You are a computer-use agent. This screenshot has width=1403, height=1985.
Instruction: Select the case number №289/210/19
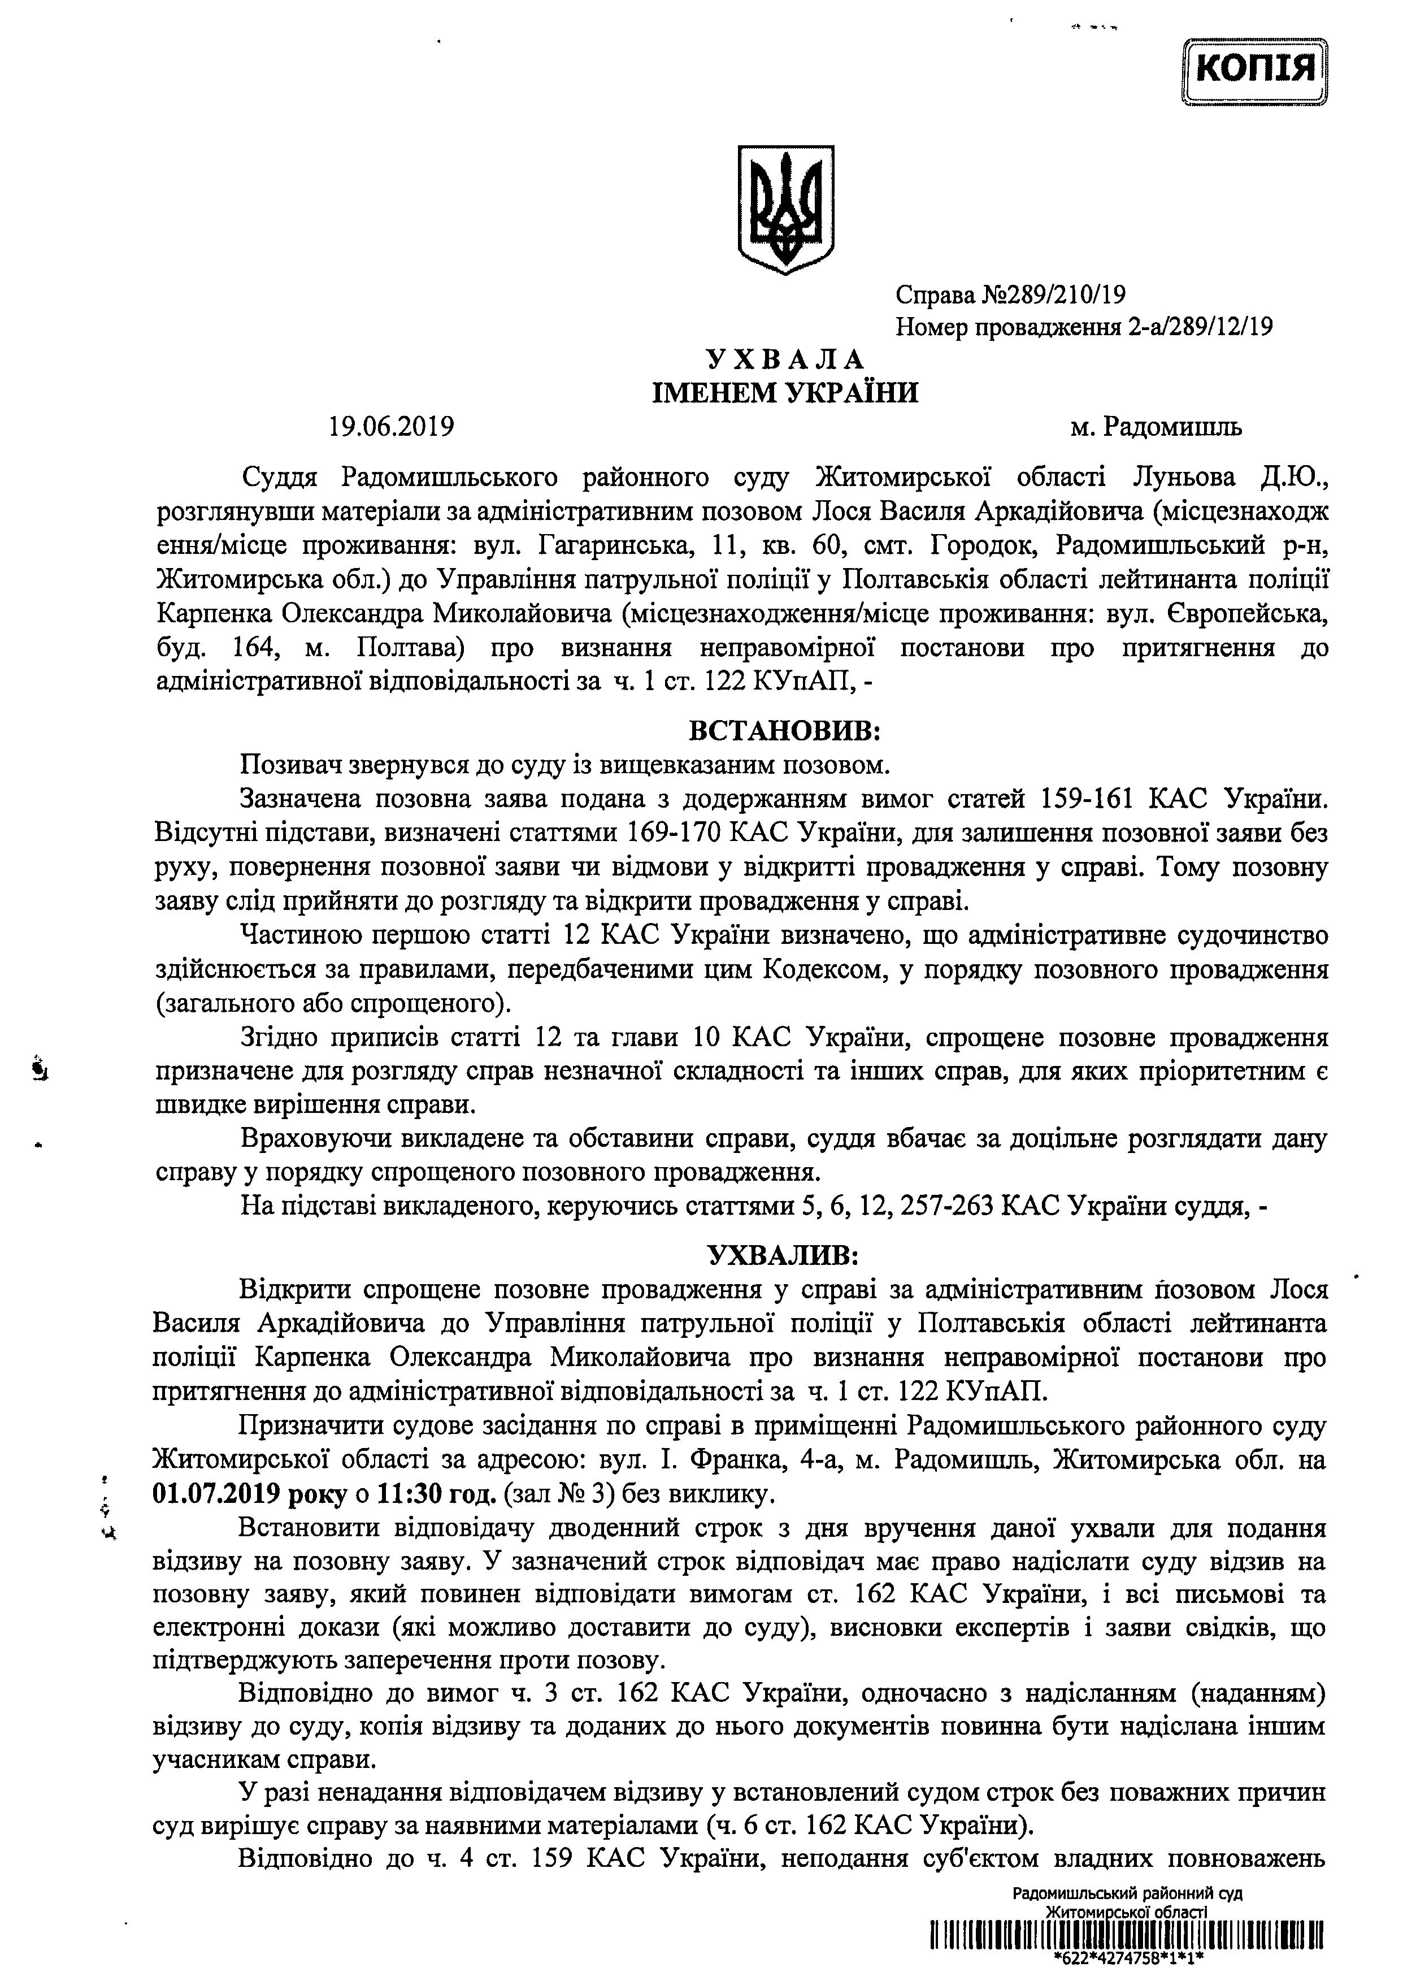coord(1054,296)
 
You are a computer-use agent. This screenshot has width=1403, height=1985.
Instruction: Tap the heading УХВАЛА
coord(784,359)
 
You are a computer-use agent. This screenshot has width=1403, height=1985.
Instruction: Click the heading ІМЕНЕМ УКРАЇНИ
coord(784,393)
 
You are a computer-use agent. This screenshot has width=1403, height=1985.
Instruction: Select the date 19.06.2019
coord(391,427)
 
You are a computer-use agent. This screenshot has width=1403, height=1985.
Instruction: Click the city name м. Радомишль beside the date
coord(1156,427)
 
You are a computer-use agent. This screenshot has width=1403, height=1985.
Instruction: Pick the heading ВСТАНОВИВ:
coord(784,731)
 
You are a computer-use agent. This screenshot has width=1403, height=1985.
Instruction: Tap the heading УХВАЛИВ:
coord(784,1254)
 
